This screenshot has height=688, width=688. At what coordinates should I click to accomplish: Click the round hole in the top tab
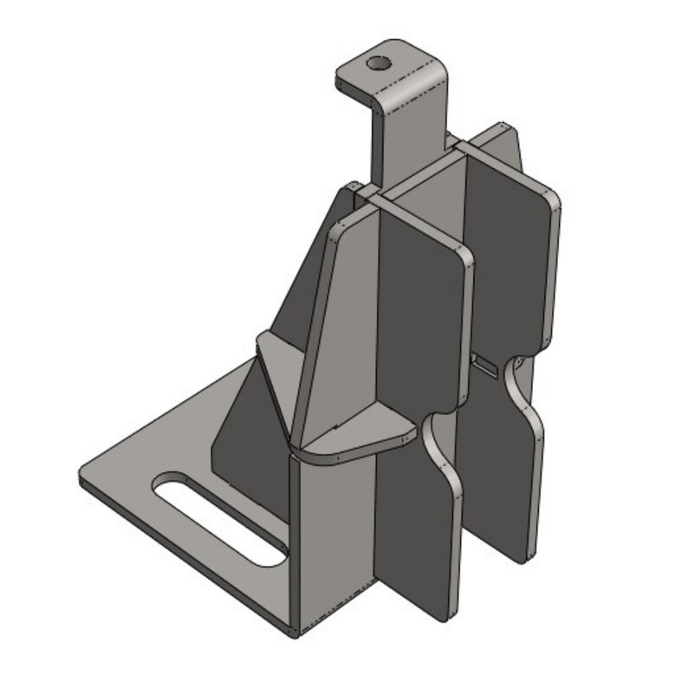(x=378, y=63)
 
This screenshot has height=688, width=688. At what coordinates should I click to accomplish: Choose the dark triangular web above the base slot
(x=243, y=433)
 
